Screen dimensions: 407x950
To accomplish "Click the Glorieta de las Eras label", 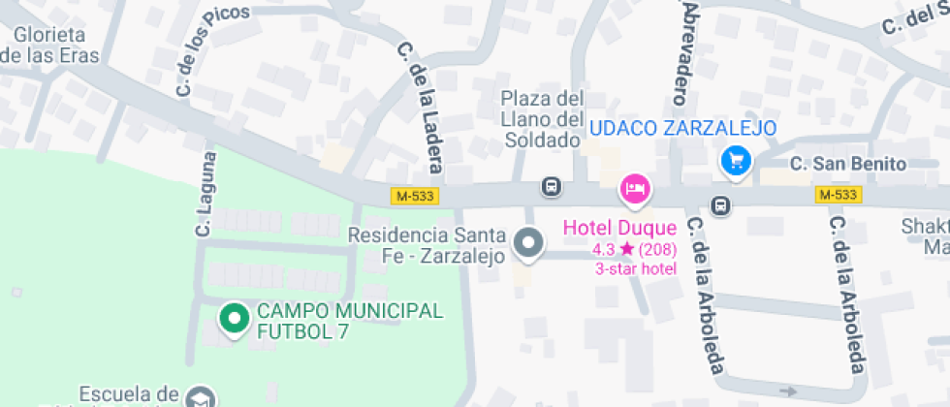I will [50, 45].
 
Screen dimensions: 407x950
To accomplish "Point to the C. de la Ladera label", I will [420, 109].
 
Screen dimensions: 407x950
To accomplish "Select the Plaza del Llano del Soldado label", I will [544, 119].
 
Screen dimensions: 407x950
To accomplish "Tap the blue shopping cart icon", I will [736, 161].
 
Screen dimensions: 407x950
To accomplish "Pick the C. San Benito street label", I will [848, 165].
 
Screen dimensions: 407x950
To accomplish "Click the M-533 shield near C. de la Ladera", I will [415, 196].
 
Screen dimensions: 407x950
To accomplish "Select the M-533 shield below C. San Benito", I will [838, 195].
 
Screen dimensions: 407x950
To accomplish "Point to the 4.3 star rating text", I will [635, 250].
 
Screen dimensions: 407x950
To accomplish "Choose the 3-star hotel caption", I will [636, 268].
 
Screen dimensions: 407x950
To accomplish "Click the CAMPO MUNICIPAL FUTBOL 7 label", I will [349, 322].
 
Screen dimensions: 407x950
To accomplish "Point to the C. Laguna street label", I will [205, 194].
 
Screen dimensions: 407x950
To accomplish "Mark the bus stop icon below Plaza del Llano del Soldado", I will [551, 185].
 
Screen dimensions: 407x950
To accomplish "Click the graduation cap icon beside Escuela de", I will [201, 397].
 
